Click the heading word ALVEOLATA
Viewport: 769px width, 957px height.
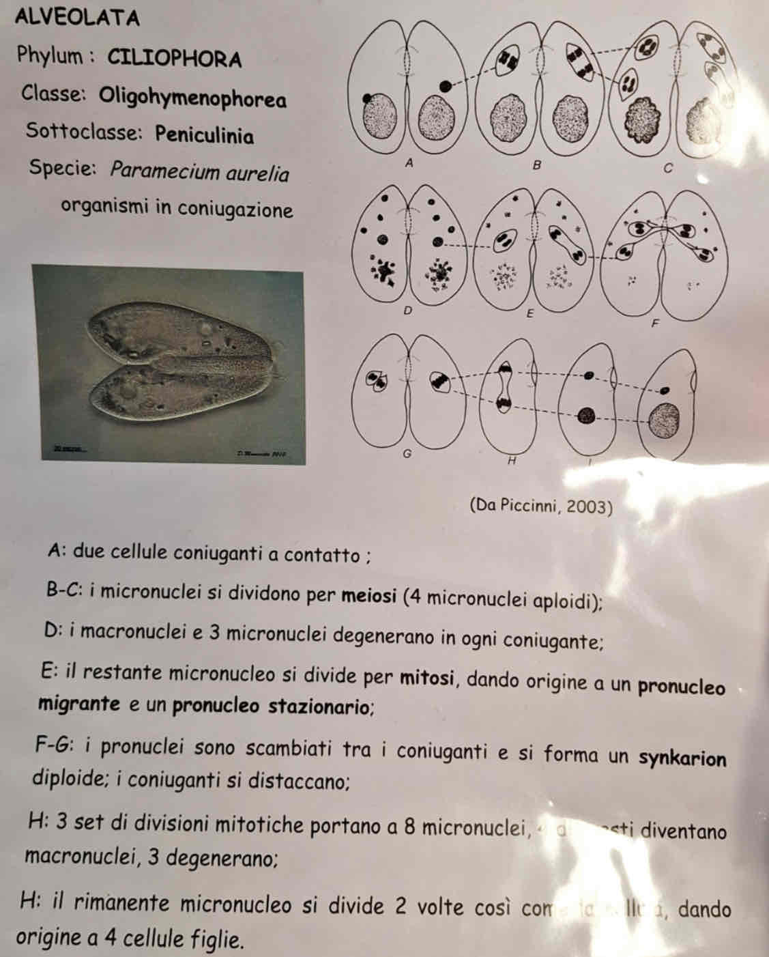pyautogui.click(x=76, y=17)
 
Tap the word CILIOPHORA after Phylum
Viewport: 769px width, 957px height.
pyautogui.click(x=175, y=59)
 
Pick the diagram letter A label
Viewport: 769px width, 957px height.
pyautogui.click(x=409, y=163)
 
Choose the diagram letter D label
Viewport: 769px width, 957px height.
pyautogui.click(x=408, y=311)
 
